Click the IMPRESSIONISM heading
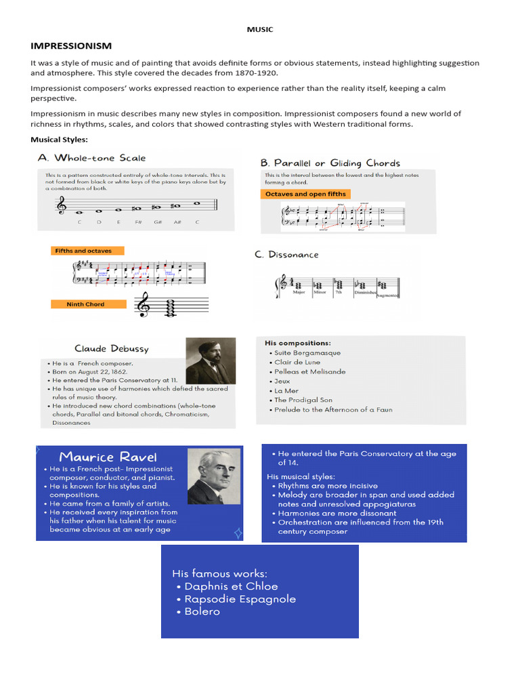71,45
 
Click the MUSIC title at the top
259,29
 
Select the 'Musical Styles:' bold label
59,139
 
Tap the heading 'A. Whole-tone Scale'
92,158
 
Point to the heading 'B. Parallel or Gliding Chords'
330,163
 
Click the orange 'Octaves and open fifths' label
305,194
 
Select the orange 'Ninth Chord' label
85,304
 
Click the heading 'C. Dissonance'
286,255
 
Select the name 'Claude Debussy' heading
112,348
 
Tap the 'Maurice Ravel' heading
108,456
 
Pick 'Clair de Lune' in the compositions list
297,362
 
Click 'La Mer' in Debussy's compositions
286,390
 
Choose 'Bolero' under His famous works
202,611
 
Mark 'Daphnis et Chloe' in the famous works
231,586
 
